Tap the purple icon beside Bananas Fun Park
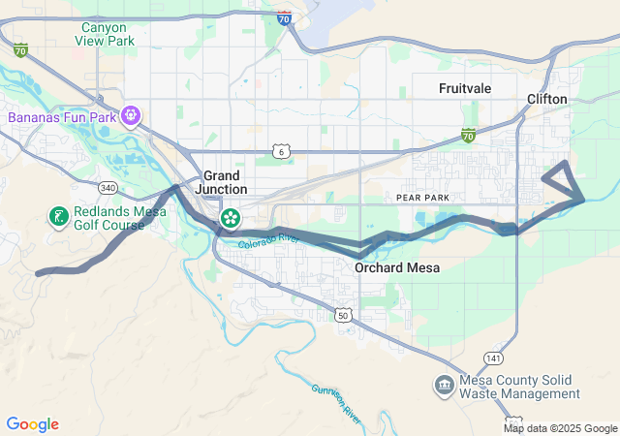(132, 117)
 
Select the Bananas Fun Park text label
(62, 118)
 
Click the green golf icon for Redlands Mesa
(58, 214)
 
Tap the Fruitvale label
(465, 88)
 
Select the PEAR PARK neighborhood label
(423, 197)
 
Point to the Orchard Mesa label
(397, 267)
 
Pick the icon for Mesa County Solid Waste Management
(444, 386)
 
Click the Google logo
(32, 424)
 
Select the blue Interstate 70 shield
(283, 17)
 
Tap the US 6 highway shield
(281, 151)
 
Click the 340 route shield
(108, 188)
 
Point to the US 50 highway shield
(343, 315)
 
